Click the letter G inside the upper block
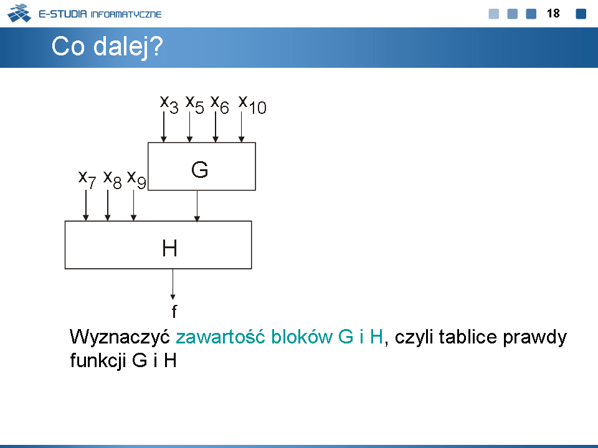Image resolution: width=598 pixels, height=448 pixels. [199, 169]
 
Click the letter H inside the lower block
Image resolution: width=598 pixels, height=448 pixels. [169, 248]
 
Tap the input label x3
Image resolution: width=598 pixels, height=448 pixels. [169, 104]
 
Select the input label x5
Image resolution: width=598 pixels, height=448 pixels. [194, 104]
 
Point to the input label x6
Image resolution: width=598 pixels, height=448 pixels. [220, 104]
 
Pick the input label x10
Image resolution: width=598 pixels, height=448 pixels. [252, 104]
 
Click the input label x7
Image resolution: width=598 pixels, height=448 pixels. [87, 179]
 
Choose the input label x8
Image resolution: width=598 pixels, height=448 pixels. [113, 179]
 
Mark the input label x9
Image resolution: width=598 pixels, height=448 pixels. [136, 179]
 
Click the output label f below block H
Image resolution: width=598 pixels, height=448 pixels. [174, 311]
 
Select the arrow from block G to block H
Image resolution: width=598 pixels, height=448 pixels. [197, 206]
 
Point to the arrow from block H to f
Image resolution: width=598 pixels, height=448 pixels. [173, 284]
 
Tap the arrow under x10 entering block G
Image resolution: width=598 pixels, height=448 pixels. [242, 127]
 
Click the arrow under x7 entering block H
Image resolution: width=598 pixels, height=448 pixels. [86, 205]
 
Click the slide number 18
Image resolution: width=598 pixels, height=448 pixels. [553, 13]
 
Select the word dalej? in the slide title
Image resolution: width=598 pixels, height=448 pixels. [128, 47]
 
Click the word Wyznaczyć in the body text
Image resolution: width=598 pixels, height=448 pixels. [120, 337]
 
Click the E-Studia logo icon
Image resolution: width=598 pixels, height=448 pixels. [19, 13]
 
